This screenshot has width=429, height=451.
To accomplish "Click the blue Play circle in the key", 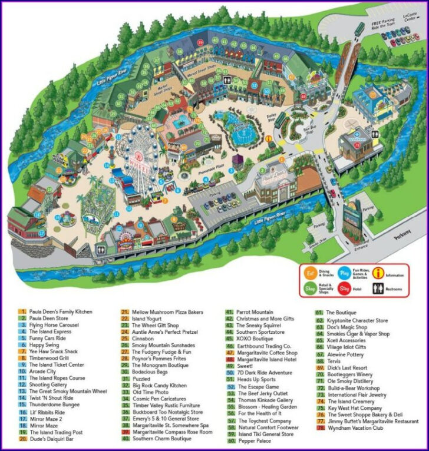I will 344,273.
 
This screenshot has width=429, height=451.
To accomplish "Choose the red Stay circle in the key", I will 344,289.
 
